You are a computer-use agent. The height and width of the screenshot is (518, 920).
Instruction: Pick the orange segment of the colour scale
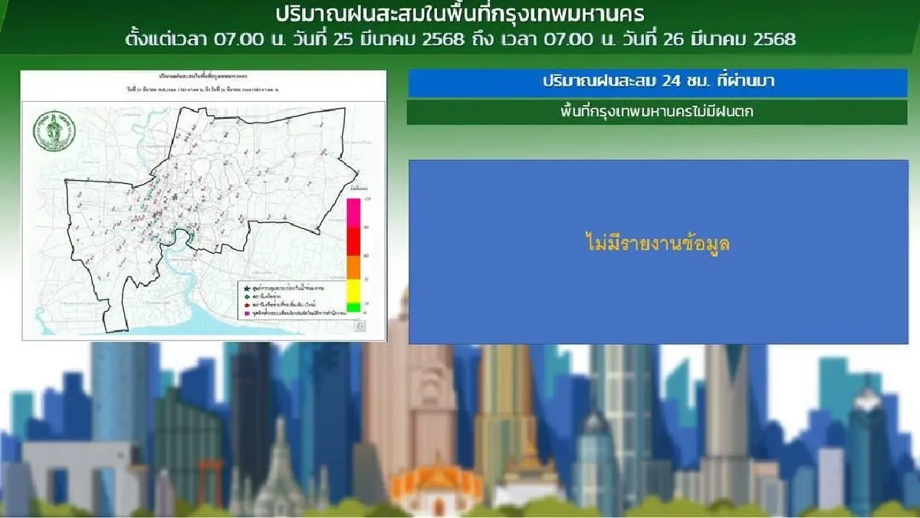tap(353, 267)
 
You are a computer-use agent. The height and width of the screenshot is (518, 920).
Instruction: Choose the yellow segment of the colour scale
tap(353, 290)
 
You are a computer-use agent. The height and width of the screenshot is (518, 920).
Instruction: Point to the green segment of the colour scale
tap(353, 307)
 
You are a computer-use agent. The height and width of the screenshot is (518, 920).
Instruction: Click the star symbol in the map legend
tap(245, 287)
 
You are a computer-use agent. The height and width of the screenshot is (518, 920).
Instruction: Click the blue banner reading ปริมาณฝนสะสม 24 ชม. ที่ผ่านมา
tap(657, 82)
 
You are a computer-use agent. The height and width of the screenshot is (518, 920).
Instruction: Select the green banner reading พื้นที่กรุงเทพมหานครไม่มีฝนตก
tap(657, 112)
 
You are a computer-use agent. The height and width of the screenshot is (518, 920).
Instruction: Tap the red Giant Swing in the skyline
tap(209, 479)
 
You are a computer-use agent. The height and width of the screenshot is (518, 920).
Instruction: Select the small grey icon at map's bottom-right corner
tap(360, 326)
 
